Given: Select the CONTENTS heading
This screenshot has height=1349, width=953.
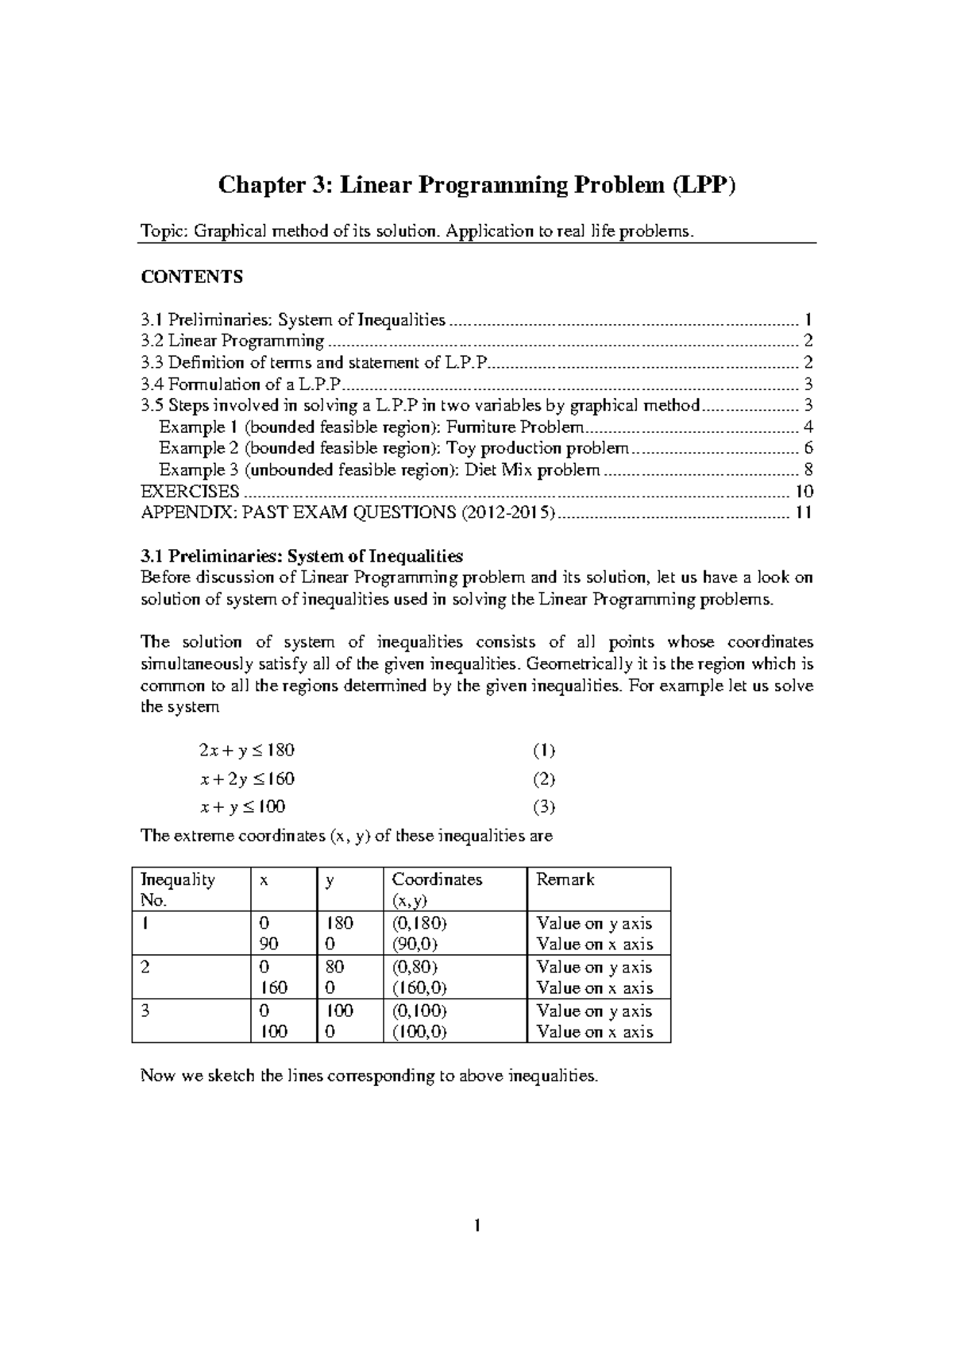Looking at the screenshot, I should pyautogui.click(x=191, y=276).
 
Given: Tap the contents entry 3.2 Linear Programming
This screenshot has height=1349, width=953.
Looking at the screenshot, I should pyautogui.click(x=232, y=342).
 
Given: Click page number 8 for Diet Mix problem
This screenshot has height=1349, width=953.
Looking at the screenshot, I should pyautogui.click(x=808, y=470).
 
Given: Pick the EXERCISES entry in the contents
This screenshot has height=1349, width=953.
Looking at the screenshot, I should pyautogui.click(x=189, y=491).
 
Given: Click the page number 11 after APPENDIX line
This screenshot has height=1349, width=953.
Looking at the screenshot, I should pyautogui.click(x=803, y=512).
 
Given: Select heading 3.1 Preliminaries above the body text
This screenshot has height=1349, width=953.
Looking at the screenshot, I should pyautogui.click(x=301, y=555).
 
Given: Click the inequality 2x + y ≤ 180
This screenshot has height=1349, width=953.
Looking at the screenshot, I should pyautogui.click(x=246, y=750).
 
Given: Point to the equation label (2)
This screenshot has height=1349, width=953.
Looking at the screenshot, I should pyautogui.click(x=543, y=779).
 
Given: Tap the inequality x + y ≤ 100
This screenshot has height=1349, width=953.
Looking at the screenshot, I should pyautogui.click(x=242, y=807).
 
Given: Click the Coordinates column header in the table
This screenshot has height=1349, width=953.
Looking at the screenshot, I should pyautogui.click(x=437, y=879).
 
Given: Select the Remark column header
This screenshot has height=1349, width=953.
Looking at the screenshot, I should pyautogui.click(x=565, y=879).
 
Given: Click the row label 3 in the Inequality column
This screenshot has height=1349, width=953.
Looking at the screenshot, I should pyautogui.click(x=145, y=1011).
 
